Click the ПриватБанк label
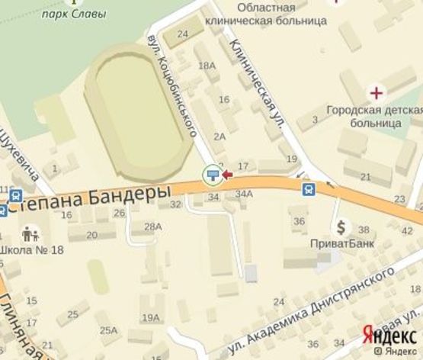pos(340,243)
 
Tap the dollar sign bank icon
pos(341,227)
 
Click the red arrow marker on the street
pos(226,175)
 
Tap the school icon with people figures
pos(30,232)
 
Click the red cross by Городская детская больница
pos(377,95)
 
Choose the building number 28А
pos(153,227)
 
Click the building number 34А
pos(243,194)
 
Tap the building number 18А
pos(207,66)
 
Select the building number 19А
pos(151,318)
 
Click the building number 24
pos(182,34)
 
